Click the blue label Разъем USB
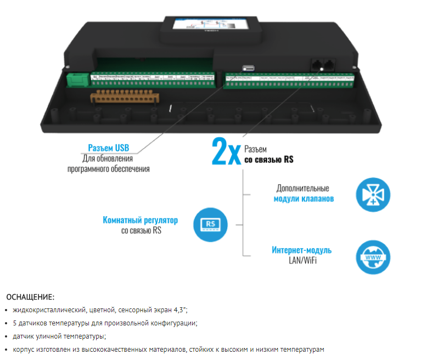click(x=109, y=148)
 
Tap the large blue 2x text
click(x=226, y=151)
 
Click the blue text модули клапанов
click(x=303, y=199)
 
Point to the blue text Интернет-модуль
click(x=301, y=250)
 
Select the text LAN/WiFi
click(x=302, y=260)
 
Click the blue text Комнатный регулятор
click(x=141, y=220)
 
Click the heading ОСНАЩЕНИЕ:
click(x=30, y=297)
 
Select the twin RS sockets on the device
click(x=323, y=64)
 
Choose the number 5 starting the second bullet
click(x=14, y=323)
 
